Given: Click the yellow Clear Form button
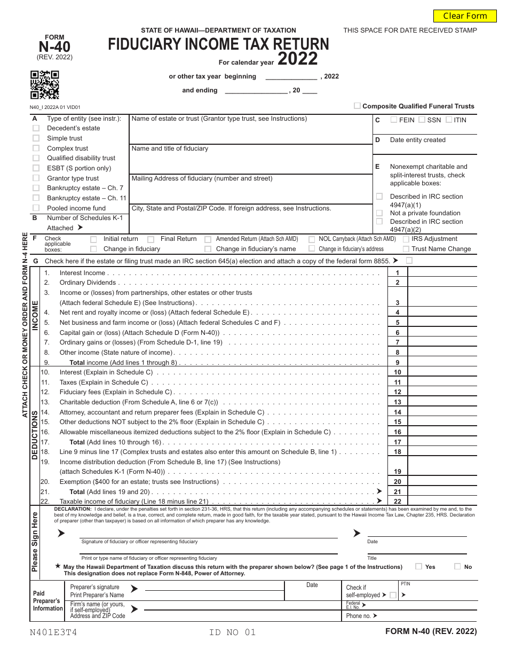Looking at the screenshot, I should [x=465, y=15].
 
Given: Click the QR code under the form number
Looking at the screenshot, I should [x=44, y=84].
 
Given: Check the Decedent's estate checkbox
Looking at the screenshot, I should [x=36, y=128].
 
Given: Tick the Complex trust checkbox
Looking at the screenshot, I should [x=36, y=148].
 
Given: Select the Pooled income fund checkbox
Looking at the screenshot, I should [x=36, y=208].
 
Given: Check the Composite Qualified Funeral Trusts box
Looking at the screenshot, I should [x=357, y=106].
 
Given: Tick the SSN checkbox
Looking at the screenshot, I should [x=422, y=120].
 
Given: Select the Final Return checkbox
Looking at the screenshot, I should [x=151, y=239].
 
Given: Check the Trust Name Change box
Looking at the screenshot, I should [x=406, y=249].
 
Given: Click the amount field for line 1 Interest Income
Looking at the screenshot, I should [x=441, y=272].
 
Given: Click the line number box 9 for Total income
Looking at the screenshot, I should [x=397, y=362].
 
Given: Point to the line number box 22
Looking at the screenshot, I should [x=397, y=501].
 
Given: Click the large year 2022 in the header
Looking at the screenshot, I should [x=297, y=59].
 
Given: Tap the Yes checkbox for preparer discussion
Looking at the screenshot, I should [x=418, y=566].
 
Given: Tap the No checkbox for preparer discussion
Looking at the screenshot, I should [x=457, y=566].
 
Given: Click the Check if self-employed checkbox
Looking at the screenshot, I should [x=393, y=595].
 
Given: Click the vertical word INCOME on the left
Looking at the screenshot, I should [x=35, y=316].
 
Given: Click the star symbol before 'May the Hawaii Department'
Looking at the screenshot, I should [x=58, y=566].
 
